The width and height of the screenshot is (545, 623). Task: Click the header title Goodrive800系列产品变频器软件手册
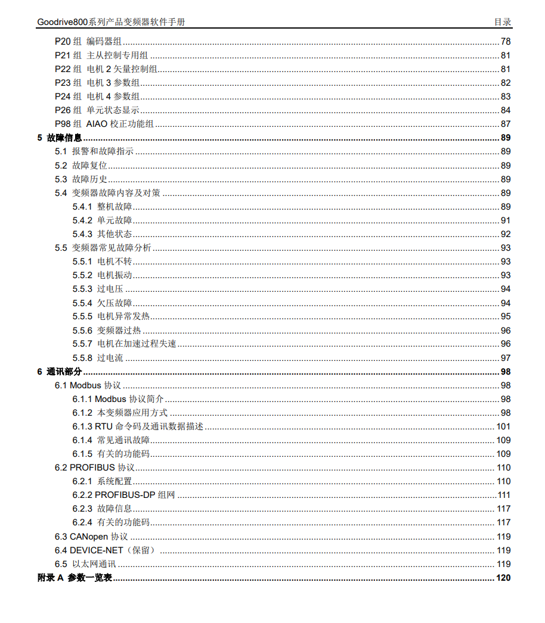(x=111, y=22)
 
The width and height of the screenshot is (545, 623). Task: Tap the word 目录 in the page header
(x=502, y=22)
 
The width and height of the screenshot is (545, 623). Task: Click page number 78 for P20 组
(x=506, y=42)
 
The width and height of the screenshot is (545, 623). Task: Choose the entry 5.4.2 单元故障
(x=103, y=220)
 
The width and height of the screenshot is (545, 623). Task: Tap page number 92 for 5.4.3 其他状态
(x=506, y=234)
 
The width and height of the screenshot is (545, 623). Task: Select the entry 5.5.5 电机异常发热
(x=112, y=316)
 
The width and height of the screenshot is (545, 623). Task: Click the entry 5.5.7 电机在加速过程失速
(x=125, y=344)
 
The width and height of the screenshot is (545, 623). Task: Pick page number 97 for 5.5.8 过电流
(x=506, y=358)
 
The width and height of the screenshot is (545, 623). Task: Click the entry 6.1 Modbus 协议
(x=88, y=385)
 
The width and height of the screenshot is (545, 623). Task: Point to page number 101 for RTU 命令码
(x=503, y=426)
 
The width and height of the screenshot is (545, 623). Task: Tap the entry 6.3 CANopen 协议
(x=91, y=537)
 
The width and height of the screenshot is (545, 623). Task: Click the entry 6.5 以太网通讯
(x=85, y=564)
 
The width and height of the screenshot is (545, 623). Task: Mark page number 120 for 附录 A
(x=503, y=578)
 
